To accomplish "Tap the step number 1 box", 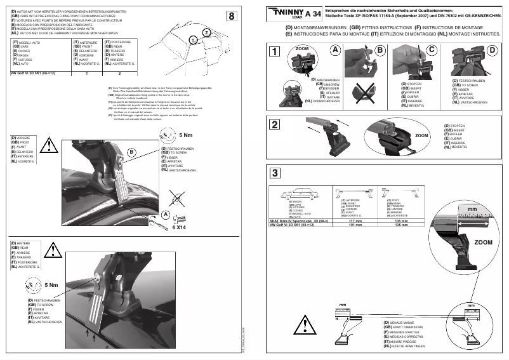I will tap(274, 53).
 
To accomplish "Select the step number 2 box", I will tap(274, 124).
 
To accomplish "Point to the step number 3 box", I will tap(274, 173).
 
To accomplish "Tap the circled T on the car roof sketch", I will tap(192, 39).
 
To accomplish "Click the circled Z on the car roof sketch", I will tap(207, 32).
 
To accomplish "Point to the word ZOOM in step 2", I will tap(421, 135).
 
